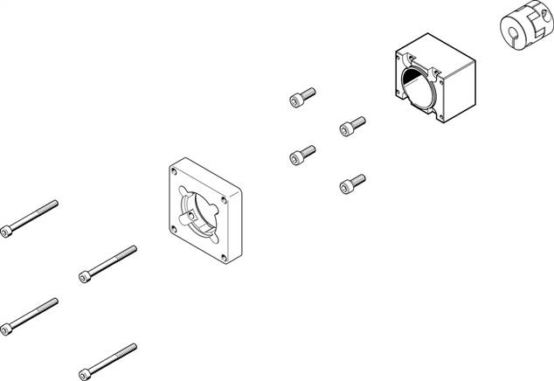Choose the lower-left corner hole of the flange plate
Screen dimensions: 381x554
[175, 230]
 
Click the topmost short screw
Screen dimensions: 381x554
[301, 96]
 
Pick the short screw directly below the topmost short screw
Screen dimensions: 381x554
[301, 155]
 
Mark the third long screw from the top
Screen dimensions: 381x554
[31, 315]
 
